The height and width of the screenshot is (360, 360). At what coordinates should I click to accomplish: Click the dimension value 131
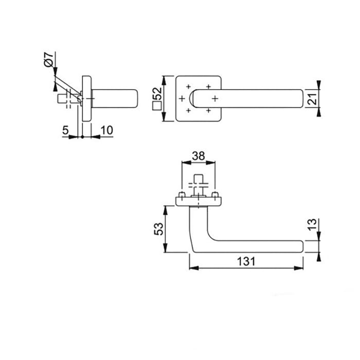(246, 261)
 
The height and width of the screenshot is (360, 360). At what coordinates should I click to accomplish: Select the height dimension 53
(159, 229)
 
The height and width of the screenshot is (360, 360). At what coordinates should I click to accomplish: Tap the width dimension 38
(199, 155)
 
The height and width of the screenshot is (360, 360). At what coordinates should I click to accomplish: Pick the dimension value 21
(312, 98)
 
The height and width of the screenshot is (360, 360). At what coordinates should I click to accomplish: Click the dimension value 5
(65, 130)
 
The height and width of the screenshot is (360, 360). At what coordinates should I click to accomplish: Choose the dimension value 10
(106, 130)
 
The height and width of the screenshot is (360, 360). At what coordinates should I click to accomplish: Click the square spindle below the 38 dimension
(199, 183)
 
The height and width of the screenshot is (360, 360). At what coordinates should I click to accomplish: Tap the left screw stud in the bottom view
(182, 195)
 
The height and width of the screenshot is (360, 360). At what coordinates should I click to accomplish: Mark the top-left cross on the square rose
(189, 86)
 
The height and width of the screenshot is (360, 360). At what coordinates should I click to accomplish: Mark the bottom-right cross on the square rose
(208, 110)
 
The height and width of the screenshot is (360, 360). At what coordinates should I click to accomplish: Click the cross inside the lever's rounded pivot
(214, 98)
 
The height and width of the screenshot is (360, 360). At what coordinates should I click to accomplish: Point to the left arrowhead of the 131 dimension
(191, 268)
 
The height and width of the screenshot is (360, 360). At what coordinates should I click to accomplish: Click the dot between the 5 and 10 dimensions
(82, 137)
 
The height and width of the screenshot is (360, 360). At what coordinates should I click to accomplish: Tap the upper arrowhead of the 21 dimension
(319, 84)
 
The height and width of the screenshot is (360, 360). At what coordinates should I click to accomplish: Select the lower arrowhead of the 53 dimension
(165, 250)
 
